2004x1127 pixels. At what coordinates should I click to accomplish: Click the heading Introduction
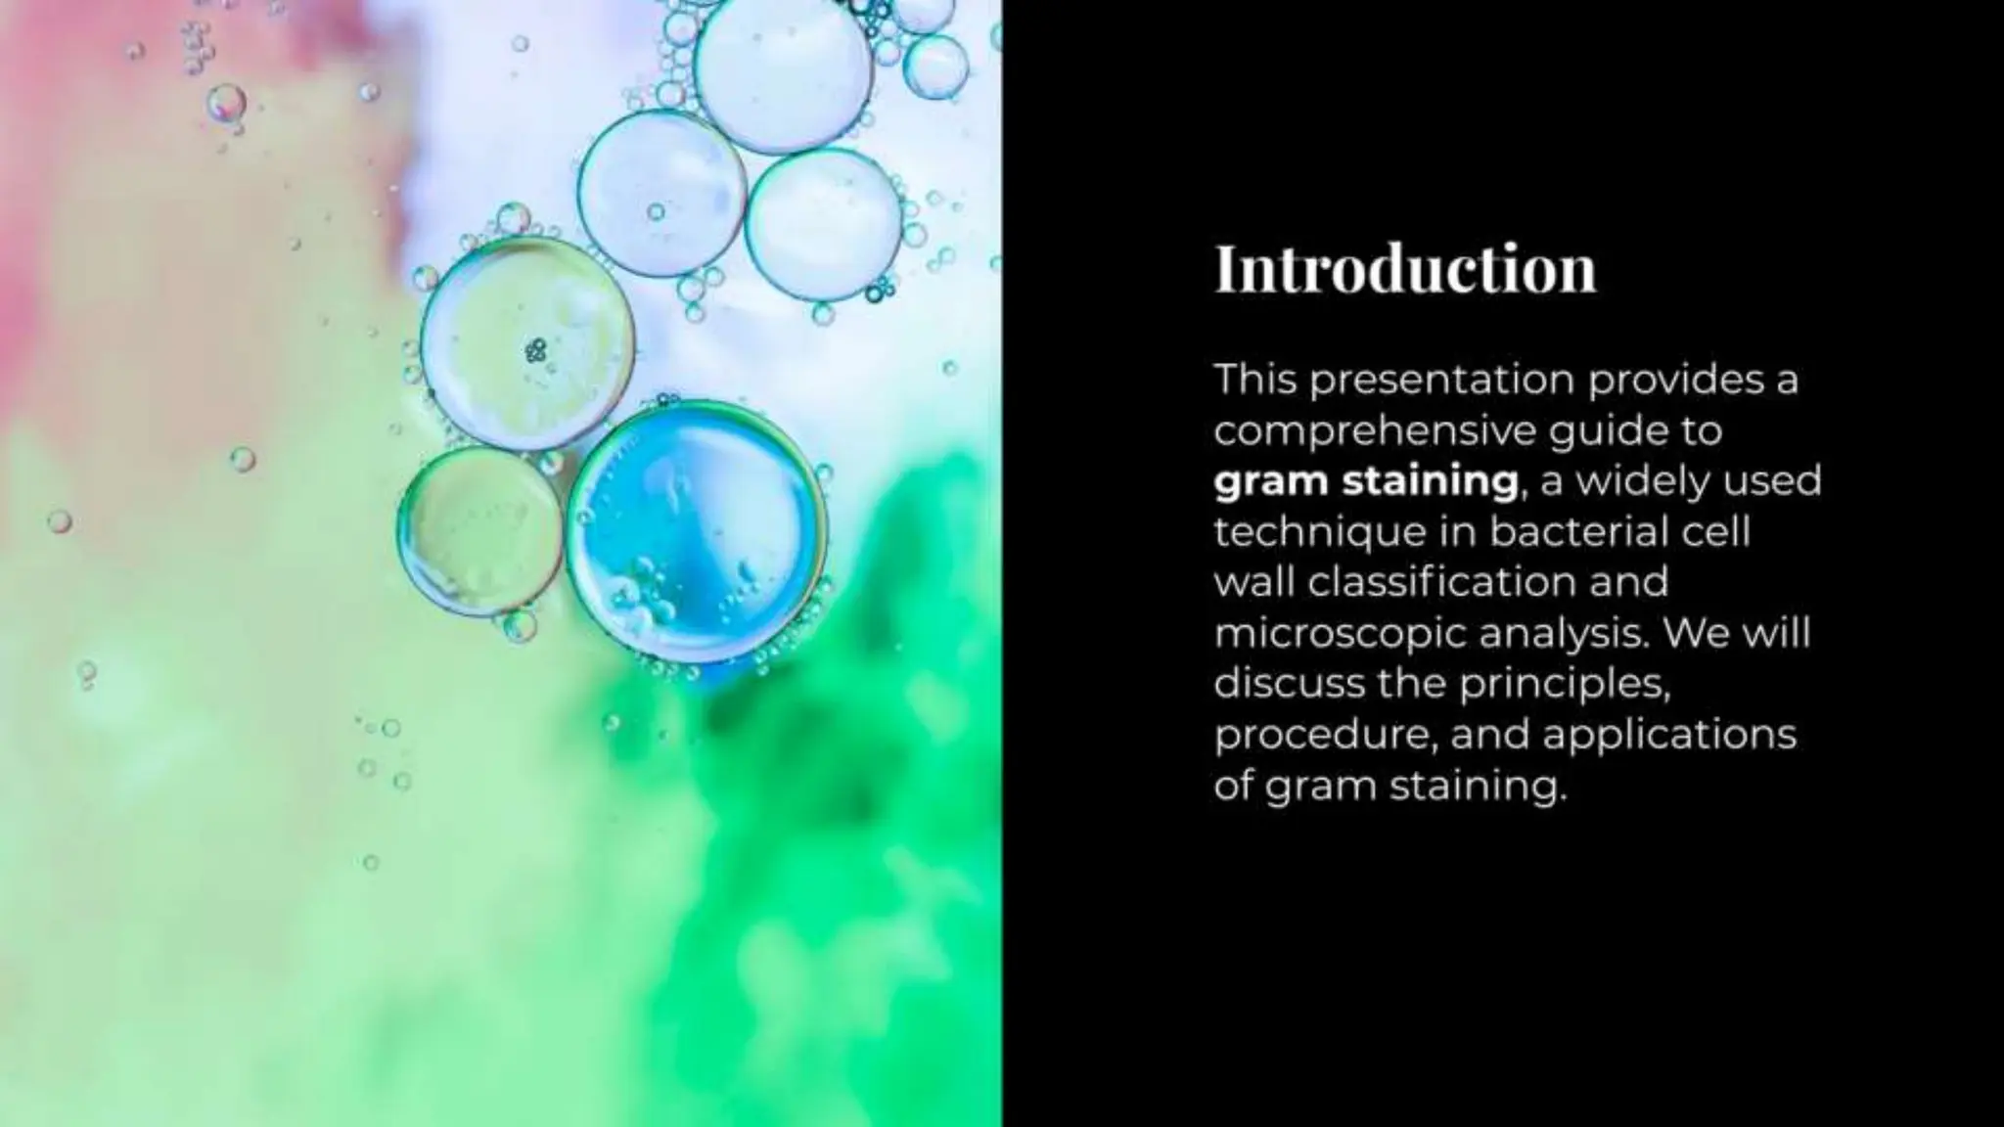click(1405, 269)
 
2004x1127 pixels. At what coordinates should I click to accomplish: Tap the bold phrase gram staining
click(1366, 481)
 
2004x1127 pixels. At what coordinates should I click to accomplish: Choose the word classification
click(1439, 583)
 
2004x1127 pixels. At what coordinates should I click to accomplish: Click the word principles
click(1564, 685)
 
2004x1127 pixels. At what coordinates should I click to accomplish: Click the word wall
click(1253, 583)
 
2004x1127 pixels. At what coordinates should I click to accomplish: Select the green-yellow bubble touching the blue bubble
click(479, 531)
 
